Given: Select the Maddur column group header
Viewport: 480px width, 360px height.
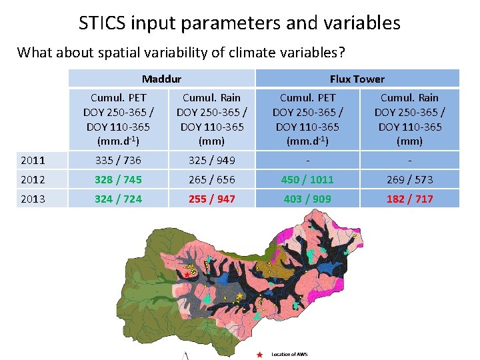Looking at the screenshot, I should (x=161, y=79).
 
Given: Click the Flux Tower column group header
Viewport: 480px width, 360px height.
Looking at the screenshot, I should (x=357, y=79).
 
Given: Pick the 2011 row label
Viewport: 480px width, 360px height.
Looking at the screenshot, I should (x=33, y=160).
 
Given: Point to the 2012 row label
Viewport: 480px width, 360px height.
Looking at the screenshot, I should (x=33, y=179).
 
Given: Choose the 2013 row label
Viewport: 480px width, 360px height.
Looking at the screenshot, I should (x=33, y=199).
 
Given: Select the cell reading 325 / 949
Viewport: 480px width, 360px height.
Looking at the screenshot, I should (x=212, y=160).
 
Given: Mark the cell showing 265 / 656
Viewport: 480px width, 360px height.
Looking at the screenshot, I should (x=212, y=179).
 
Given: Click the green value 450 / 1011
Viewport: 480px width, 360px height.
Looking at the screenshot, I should (x=307, y=179).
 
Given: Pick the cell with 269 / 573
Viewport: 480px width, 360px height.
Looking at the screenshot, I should (x=410, y=179).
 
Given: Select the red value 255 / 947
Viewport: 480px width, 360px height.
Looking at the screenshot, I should (x=212, y=199).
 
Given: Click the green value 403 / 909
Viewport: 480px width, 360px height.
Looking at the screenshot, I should (x=307, y=199).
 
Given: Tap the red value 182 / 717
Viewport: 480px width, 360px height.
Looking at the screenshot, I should (x=410, y=199).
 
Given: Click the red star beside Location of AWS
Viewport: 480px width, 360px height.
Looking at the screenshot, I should (x=259, y=354).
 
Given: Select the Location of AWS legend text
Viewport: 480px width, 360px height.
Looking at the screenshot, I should (x=289, y=354).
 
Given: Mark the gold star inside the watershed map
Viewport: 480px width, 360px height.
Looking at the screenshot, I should (x=239, y=295).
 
